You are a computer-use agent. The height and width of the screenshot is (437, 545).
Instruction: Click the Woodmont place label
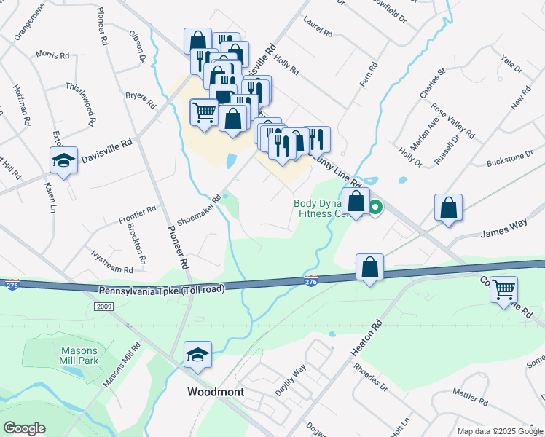[215, 392]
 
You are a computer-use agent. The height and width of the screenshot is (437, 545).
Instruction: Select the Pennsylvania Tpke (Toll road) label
[161, 289]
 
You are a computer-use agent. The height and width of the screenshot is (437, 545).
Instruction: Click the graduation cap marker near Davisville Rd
[64, 160]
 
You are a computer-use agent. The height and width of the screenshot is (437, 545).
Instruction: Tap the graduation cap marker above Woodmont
[197, 355]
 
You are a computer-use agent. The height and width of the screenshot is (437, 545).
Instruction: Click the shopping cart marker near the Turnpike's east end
[503, 290]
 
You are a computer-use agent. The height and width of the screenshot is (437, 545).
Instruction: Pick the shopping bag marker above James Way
[449, 208]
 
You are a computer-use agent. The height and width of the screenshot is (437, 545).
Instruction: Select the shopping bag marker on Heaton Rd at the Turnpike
[370, 267]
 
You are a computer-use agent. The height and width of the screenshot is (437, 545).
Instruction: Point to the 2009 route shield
[104, 307]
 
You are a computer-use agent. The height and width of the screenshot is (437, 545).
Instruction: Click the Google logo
[24, 428]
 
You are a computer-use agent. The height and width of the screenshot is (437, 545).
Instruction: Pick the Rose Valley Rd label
[452, 121]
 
